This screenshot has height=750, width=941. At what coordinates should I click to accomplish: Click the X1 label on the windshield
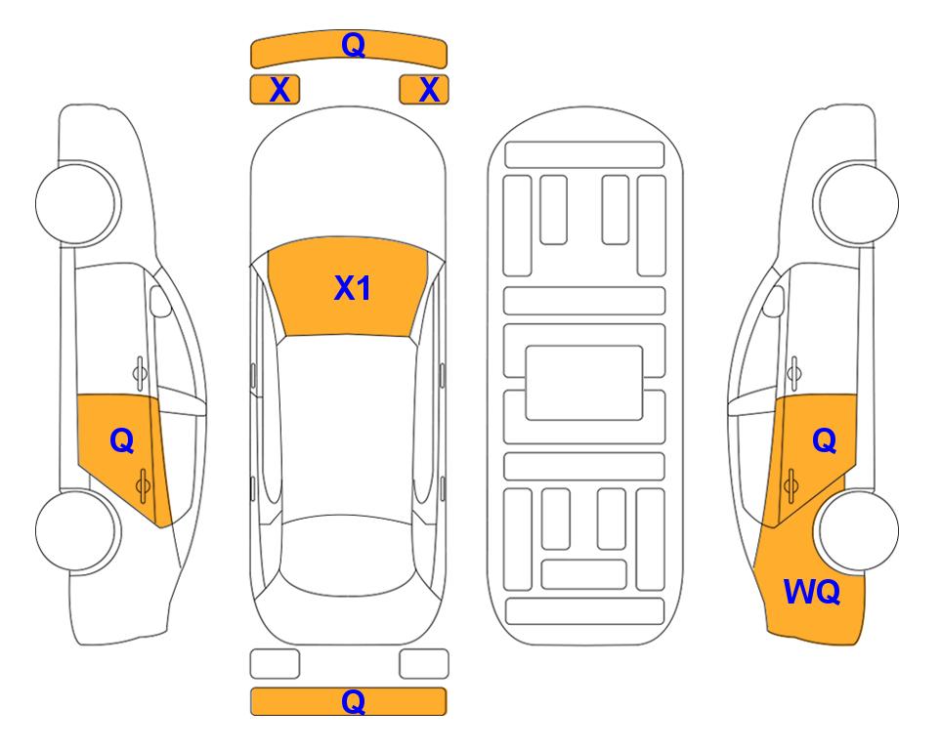[353, 288]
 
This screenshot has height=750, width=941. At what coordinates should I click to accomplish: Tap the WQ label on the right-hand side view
[812, 592]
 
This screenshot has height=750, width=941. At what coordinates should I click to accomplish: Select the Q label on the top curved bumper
[353, 44]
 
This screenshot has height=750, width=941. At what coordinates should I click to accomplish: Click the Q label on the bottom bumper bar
[353, 701]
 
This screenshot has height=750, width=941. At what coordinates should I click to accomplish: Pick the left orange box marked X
[275, 90]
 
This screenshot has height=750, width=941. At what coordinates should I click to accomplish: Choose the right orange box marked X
[424, 90]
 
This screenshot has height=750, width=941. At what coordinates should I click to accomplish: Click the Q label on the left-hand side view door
[122, 441]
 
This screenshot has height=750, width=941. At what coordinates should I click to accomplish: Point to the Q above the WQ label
[824, 441]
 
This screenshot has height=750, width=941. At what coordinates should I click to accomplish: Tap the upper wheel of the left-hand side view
[76, 203]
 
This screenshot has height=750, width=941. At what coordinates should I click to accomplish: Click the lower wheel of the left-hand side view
[76, 530]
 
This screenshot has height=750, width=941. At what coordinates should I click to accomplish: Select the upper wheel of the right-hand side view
[856, 203]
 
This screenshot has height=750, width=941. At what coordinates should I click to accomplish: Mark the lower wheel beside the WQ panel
[858, 530]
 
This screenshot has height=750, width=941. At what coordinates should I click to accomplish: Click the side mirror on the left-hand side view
[160, 301]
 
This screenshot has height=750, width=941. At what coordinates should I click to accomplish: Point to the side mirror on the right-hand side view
[773, 301]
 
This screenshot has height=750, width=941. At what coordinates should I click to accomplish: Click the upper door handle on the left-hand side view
[140, 373]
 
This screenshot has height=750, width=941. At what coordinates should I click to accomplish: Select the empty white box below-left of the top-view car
[275, 664]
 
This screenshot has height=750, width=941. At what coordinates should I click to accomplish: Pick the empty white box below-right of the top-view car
[424, 664]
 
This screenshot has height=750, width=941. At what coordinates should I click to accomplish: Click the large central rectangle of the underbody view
[584, 383]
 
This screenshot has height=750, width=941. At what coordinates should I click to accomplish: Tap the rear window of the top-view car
[352, 555]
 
